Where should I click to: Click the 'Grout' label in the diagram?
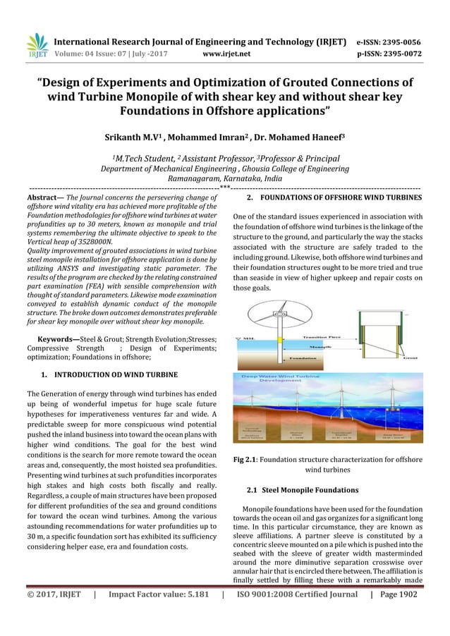coord(408,357)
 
